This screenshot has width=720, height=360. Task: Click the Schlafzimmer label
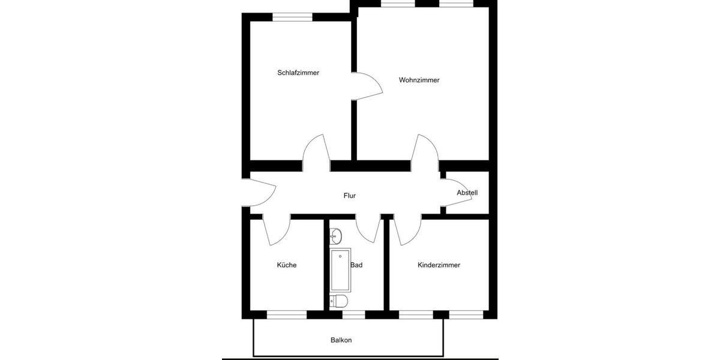coord(298,73)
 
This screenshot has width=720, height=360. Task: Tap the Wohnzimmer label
coord(419,80)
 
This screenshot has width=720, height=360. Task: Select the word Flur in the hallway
coord(350,196)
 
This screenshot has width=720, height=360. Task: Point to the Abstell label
coord(467,193)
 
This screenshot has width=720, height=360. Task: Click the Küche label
coord(286,265)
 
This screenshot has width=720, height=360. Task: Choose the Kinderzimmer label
coord(439,265)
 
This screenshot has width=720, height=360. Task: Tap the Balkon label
coord(341,340)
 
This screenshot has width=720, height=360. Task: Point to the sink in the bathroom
coord(336,235)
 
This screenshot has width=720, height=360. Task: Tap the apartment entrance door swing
coord(261,193)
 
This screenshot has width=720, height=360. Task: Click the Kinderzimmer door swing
coord(406,231)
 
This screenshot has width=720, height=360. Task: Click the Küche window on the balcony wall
coord(286,314)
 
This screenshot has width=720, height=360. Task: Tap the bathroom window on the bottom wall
coord(353,314)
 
